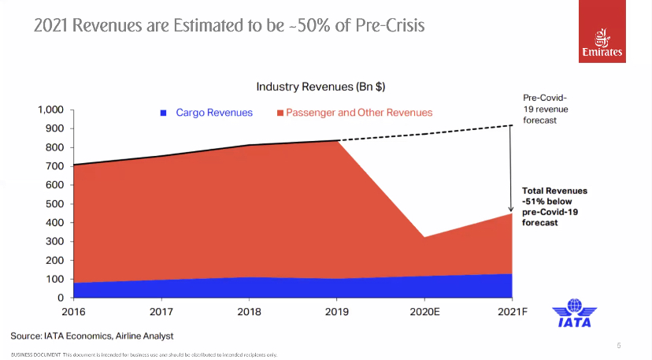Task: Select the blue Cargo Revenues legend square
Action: click(164, 113)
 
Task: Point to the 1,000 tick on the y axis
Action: click(49, 109)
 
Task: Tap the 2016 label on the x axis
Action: click(73, 310)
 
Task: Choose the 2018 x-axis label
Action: click(249, 310)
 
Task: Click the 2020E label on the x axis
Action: click(425, 310)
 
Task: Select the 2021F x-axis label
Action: click(513, 310)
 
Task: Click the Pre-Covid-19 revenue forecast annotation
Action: click(545, 109)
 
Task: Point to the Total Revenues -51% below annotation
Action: click(554, 206)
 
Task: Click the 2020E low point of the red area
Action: click(425, 237)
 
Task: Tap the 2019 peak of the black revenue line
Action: click(337, 140)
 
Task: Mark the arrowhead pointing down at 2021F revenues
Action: click(512, 209)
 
